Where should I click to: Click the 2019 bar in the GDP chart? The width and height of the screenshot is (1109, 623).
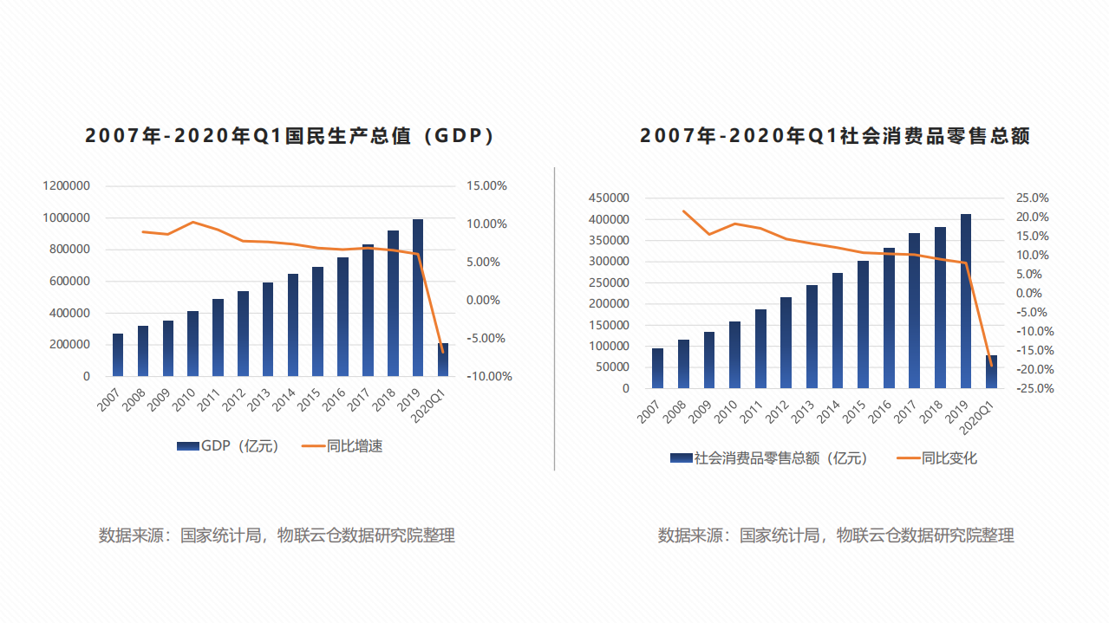(x=418, y=299)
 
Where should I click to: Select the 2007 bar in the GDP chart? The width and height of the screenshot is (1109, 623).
(x=118, y=355)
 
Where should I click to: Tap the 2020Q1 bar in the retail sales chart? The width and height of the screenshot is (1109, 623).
(x=991, y=372)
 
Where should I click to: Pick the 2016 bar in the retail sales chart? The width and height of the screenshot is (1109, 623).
(x=889, y=318)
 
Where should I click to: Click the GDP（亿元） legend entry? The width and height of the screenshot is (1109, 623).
(x=228, y=446)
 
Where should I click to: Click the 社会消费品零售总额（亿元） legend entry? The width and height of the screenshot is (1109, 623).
(x=768, y=458)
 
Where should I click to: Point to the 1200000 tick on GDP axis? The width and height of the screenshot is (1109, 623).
(x=67, y=185)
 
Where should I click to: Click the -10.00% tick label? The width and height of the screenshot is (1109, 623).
(x=488, y=376)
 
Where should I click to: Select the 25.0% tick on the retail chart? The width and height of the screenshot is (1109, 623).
(x=1032, y=198)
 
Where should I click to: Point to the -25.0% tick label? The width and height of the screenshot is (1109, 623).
(x=1034, y=388)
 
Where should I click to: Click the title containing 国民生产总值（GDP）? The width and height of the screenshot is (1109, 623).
(x=290, y=136)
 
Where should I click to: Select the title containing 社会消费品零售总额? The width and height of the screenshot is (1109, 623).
(x=835, y=136)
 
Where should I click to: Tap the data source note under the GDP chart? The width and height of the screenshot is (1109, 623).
(x=277, y=535)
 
